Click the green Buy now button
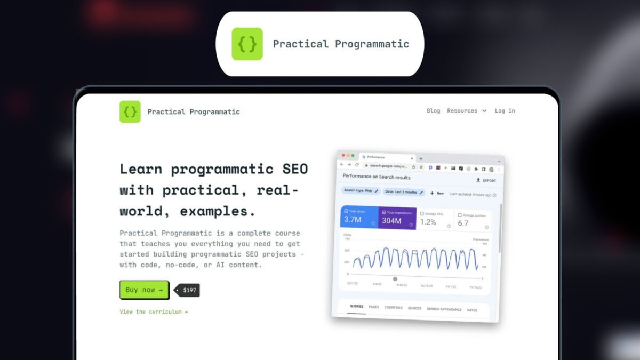[144, 290]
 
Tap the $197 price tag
[189, 290]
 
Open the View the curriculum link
[154, 311]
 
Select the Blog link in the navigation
[434, 111]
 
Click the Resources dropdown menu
[467, 111]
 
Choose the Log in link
[505, 111]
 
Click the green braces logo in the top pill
[247, 44]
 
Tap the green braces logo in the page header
[130, 111]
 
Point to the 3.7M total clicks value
[353, 220]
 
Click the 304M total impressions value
[391, 221]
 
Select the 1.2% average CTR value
[428, 222]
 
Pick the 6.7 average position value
[463, 223]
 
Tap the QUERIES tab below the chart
[356, 307]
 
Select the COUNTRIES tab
[393, 308]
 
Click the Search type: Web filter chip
[361, 190]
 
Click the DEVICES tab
[414, 308]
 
